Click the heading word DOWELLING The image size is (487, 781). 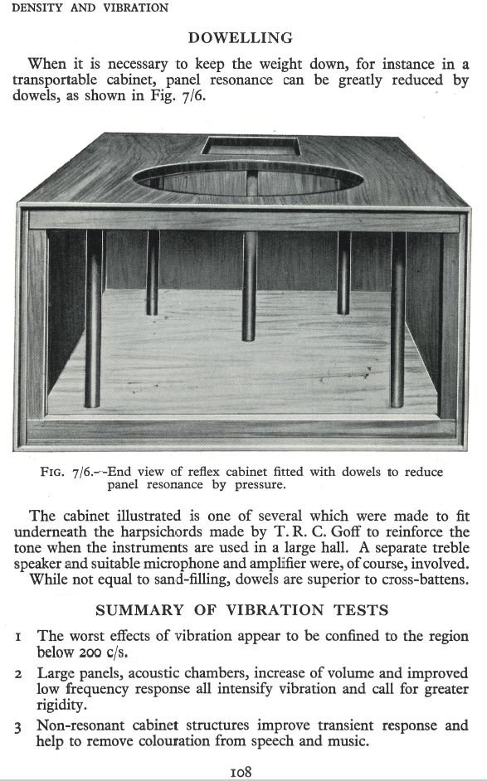(240, 37)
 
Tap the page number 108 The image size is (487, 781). (241, 771)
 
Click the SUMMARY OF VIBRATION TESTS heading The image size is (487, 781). (241, 610)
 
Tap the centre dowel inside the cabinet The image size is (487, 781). (250, 282)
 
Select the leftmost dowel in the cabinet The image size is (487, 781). (93, 319)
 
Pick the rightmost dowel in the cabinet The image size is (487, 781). (397, 319)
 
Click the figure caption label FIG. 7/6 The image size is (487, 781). (66, 473)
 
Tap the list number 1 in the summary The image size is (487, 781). (18, 637)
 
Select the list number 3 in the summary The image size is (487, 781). (18, 727)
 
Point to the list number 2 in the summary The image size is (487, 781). (18, 673)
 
